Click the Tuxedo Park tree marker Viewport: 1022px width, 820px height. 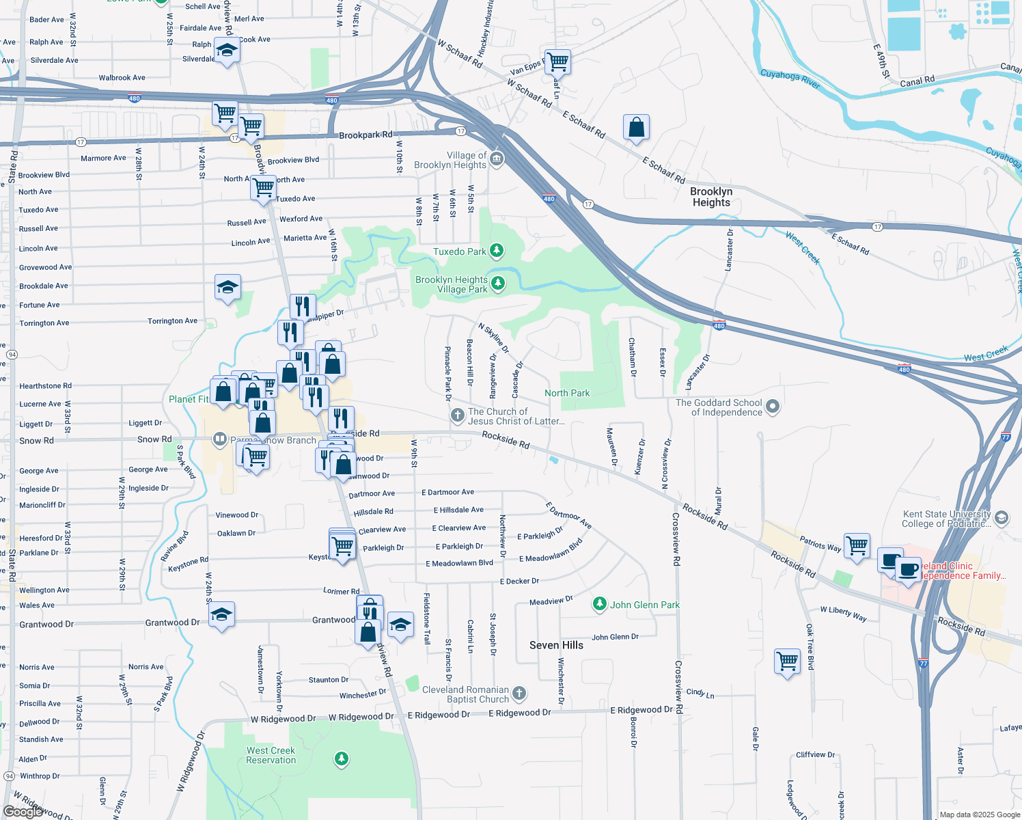(x=497, y=251)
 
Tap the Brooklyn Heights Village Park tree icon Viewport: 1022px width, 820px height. (x=499, y=284)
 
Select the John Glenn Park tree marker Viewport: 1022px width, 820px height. (x=599, y=604)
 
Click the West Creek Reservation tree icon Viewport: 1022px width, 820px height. (x=341, y=758)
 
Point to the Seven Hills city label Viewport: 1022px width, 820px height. (x=556, y=645)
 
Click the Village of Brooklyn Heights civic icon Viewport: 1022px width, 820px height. (x=497, y=160)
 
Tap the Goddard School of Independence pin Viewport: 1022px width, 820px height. (x=773, y=407)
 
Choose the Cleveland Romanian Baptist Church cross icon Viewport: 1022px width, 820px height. (x=519, y=694)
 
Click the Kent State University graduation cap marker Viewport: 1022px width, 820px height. (x=1002, y=518)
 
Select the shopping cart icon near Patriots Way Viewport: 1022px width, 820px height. (x=857, y=546)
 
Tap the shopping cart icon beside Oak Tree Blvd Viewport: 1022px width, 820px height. (x=787, y=661)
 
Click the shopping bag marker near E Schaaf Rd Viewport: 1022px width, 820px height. (x=636, y=127)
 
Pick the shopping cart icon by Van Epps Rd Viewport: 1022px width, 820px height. (x=557, y=61)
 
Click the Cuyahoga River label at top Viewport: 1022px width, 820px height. (x=790, y=78)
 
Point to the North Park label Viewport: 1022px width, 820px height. (x=567, y=393)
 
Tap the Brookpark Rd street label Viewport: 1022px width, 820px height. (x=366, y=135)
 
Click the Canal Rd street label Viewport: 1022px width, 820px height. (x=917, y=81)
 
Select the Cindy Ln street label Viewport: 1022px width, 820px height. (x=700, y=694)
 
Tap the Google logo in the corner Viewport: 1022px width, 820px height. (x=23, y=811)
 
